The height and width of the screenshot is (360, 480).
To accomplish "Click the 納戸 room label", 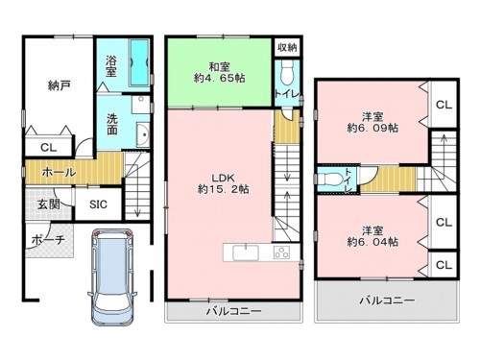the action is tap(60, 85).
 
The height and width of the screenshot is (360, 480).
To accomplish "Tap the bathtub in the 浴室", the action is tap(139, 62).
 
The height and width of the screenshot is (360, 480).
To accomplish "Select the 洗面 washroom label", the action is tap(112, 124).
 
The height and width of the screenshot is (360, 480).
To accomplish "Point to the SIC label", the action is tap(98, 204).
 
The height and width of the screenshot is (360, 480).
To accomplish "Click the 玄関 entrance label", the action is tap(49, 204).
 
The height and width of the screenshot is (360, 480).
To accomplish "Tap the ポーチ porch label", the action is tap(49, 240).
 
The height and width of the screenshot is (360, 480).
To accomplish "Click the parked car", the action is tap(112, 277).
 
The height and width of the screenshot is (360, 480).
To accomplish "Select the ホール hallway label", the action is tap(60, 173).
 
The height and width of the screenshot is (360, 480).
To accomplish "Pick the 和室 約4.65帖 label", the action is tap(220, 73).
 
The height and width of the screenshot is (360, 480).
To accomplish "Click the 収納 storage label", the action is tap(287, 48).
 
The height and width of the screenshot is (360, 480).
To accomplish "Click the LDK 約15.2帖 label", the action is tap(224, 183).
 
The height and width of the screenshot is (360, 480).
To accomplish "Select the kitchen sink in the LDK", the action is tap(246, 252).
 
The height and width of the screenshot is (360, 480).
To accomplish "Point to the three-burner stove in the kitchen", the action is tap(282, 252).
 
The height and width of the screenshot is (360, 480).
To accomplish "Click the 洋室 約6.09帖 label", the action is tap(372, 122).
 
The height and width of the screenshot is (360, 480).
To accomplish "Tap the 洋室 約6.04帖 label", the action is tap(372, 236).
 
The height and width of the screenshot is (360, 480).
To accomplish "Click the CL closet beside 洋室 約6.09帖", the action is tap(444, 105).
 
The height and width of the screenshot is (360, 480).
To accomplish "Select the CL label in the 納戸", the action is tap(49, 148).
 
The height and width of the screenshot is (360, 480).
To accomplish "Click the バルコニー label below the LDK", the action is tap(233, 311).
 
